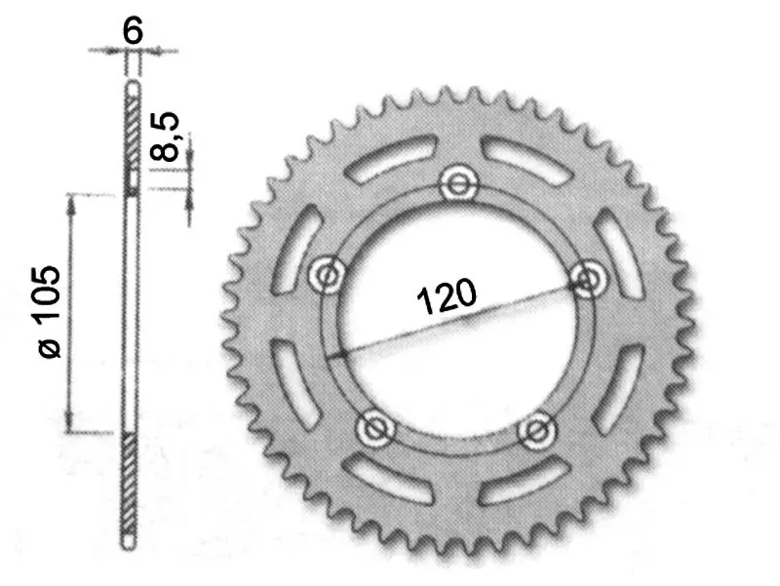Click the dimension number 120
pyautogui.click(x=447, y=296)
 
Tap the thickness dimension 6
pyautogui.click(x=133, y=30)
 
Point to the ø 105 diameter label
pyautogui.click(x=50, y=311)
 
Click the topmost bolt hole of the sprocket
pyautogui.click(x=458, y=185)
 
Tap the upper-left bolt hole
pyautogui.click(x=327, y=275)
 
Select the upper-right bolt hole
pyautogui.click(x=589, y=280)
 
